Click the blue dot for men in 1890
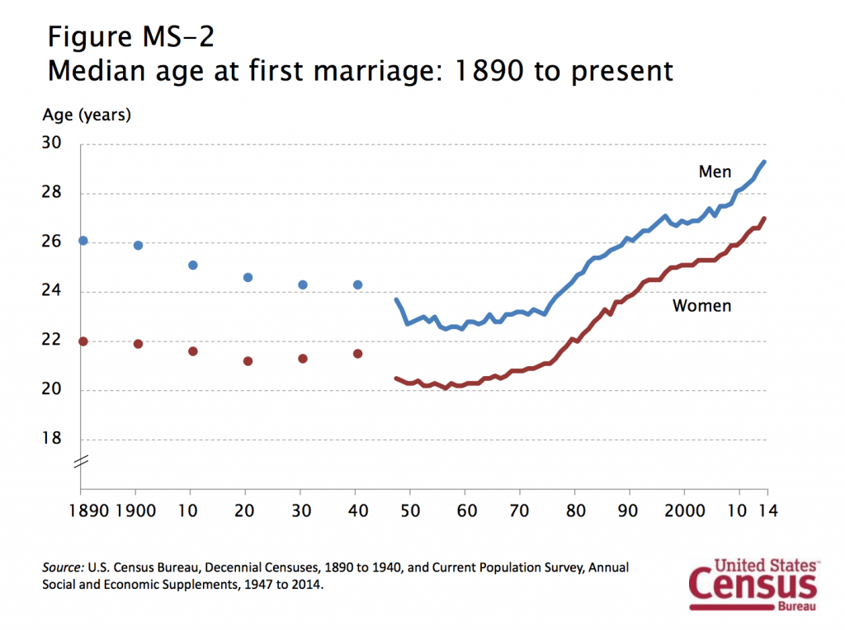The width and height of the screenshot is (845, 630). coord(83,240)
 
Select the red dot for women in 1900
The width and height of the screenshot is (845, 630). coord(138,344)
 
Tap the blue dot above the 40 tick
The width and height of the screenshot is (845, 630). coord(357,284)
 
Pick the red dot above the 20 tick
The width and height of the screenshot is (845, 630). coord(248,361)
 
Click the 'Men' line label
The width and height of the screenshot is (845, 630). coord(715,172)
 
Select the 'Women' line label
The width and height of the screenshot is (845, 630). coord(702,306)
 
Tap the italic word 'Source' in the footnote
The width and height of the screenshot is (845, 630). coord(63,568)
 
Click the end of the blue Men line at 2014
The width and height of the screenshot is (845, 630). coord(765,162)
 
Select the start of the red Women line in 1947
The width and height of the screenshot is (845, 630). coord(396,378)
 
